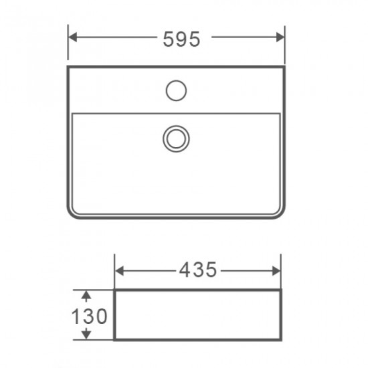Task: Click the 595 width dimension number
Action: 181,39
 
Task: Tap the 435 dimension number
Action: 198,270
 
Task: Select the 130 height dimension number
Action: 89,316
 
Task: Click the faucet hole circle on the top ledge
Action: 176,90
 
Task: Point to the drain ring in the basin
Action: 176,138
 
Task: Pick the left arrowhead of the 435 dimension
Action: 120,270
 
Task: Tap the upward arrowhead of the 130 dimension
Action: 86,294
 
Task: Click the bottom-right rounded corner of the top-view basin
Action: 280,213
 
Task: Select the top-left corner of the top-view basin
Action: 69,68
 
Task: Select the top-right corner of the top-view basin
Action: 283,68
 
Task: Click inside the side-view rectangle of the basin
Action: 197,316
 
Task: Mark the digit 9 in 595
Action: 181,39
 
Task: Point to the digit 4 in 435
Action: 186,270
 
